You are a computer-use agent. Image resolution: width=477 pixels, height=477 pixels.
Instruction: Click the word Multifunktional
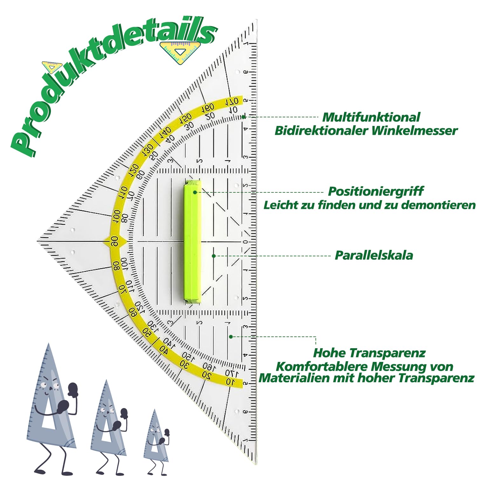tap(371, 117)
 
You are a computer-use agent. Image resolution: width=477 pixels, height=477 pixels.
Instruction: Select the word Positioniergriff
tap(375, 191)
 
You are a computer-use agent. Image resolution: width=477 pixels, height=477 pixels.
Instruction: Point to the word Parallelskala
tap(374, 255)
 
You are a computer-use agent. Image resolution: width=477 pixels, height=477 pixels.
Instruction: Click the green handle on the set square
tap(192, 242)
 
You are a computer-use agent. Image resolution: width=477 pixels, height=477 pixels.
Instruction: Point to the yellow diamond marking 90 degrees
tap(115, 241)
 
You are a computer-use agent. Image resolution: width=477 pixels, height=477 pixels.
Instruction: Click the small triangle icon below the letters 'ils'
tap(180, 52)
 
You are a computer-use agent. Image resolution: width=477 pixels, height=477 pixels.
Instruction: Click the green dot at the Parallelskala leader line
tap(214, 256)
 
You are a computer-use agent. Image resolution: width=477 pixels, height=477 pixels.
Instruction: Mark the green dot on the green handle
tap(195, 192)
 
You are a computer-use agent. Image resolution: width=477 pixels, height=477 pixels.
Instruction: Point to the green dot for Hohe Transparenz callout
tap(231, 336)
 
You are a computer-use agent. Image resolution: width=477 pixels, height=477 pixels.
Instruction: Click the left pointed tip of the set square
tap(38, 241)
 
